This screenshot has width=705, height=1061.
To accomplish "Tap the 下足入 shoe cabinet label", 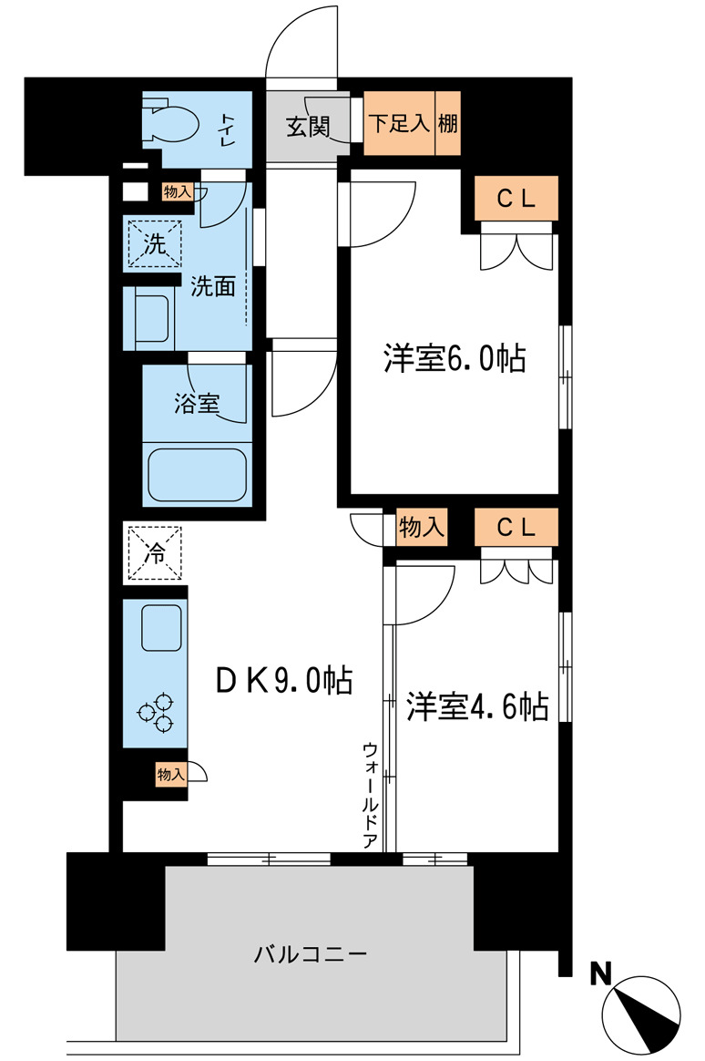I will point(398,124).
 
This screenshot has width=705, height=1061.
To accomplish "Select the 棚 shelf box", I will point(447,124).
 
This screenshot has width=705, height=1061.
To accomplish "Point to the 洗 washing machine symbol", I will point(155,244).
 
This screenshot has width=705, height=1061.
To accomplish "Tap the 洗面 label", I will point(213,287).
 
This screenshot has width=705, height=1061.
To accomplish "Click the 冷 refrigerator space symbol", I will point(156,553).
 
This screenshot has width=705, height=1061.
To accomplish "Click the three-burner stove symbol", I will point(155,712).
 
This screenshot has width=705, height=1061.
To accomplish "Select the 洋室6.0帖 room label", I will point(454,359).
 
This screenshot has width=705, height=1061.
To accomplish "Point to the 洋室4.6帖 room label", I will point(476,706).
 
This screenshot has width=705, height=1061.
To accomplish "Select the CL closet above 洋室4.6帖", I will point(516,527).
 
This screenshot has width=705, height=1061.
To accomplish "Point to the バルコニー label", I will point(310,954).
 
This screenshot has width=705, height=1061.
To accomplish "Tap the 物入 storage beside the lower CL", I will point(422,527).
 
